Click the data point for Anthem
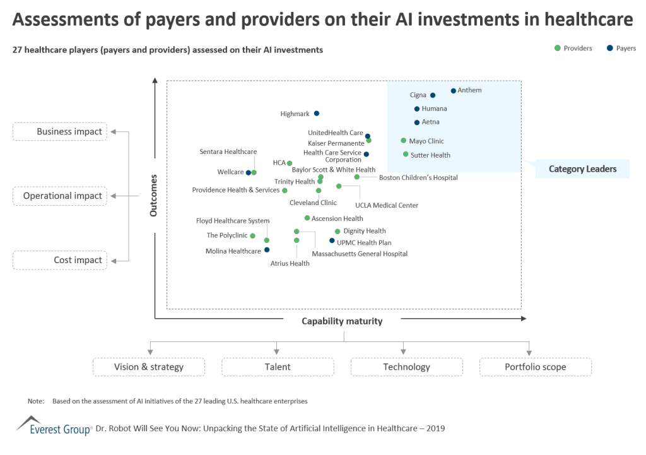453,91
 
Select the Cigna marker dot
433,96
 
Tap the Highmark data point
317,114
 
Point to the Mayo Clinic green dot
404,141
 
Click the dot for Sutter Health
406,155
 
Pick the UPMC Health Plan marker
332,240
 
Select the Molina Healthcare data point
267,250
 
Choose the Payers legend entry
621,49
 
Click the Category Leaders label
582,169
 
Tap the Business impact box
61,132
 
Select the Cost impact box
61,260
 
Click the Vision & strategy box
149,367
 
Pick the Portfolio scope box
535,367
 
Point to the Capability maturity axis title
342,321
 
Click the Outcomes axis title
153,196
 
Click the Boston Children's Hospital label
418,178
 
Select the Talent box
278,367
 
